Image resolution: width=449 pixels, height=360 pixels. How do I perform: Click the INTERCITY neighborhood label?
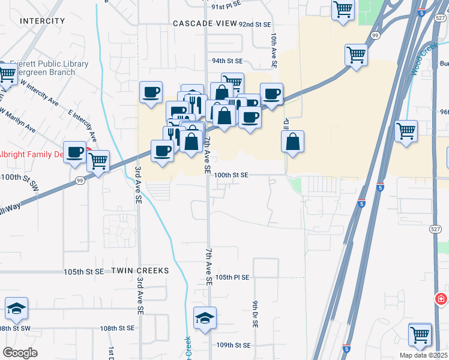coord(42,21)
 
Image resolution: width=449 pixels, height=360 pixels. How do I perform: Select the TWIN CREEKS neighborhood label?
coord(140,271)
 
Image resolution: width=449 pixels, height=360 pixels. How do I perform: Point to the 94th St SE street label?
coord(226,61)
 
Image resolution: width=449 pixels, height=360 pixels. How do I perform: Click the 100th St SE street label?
coord(231,175)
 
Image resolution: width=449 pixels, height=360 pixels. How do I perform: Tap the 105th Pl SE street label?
coord(232,278)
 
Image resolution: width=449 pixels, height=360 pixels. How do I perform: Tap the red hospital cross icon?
coord(441,299)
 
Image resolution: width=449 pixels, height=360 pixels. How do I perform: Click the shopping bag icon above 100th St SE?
coord(292,142)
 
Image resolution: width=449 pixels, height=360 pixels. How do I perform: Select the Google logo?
coord(20,353)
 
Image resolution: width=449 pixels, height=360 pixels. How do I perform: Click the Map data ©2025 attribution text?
coord(424,355)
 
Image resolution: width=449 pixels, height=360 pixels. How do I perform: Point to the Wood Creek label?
coord(422,62)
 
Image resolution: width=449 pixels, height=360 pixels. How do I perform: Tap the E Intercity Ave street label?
coord(83,125)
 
